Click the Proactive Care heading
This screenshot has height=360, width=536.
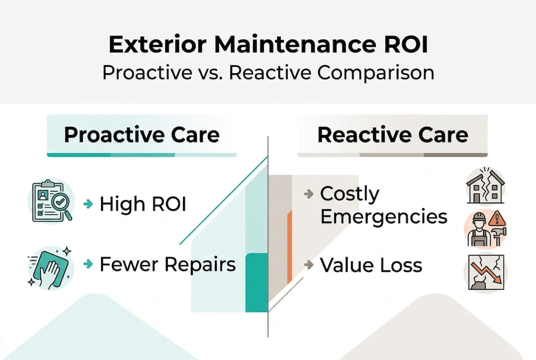point(141,135)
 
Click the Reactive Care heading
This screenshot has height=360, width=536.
point(393,135)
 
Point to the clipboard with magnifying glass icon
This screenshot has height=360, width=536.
point(52,200)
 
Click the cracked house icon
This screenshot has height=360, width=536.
point(486,185)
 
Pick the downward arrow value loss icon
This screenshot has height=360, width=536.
point(486,272)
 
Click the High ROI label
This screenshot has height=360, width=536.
point(143,204)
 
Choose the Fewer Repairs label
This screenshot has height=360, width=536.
point(167,264)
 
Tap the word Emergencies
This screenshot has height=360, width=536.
point(384,216)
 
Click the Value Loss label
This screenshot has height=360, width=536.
point(371,265)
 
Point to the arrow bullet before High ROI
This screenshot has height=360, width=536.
point(88,204)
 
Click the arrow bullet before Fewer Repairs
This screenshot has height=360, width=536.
point(88,264)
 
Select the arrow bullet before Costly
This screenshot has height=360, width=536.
point(309,194)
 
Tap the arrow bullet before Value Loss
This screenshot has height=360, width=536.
point(309,265)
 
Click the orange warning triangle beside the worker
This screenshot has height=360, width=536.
point(497,218)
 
